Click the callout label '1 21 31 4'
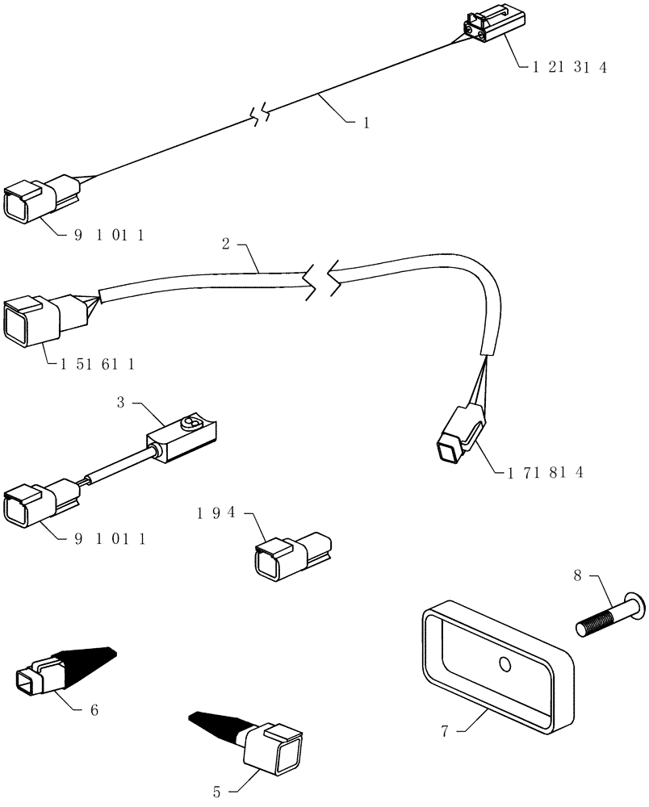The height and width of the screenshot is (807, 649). point(569,68)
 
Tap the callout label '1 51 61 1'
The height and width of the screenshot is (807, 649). point(97,364)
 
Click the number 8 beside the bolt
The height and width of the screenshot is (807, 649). point(577,577)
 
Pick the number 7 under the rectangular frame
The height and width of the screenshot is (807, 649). point(444,732)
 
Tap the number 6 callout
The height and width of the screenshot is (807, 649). point(94,710)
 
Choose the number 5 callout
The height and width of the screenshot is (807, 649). point(217,792)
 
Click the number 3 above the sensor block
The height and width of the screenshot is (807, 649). point(120,401)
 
